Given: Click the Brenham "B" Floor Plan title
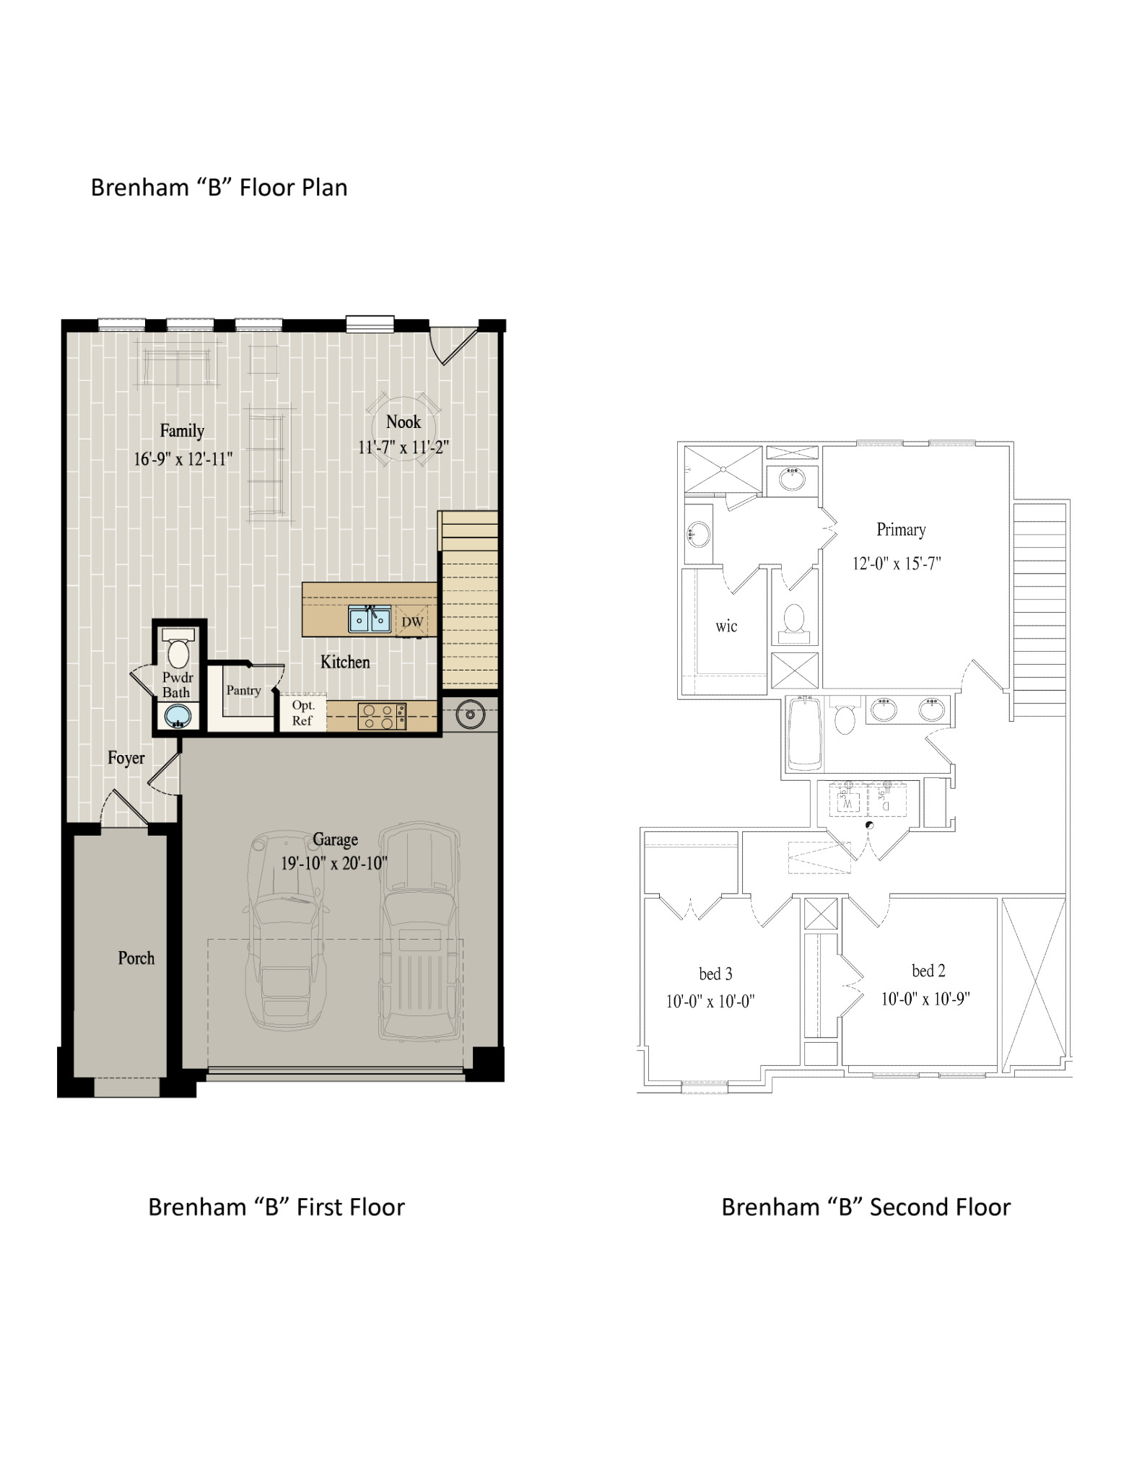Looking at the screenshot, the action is (219, 188).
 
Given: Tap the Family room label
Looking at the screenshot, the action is (182, 431).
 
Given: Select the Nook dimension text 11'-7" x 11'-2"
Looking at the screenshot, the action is (404, 447).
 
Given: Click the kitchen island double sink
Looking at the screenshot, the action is (370, 619).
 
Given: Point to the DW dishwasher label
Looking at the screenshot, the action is (412, 622).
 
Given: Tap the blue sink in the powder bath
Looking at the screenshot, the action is (178, 717).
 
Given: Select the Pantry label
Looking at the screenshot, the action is (243, 690).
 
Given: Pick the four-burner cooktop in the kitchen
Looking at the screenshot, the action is (382, 716).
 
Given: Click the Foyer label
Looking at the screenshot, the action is (126, 758).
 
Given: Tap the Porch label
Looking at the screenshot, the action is (136, 958).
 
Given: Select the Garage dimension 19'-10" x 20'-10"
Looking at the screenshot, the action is (334, 863).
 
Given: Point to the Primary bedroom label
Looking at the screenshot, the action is (901, 530).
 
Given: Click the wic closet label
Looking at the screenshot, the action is (726, 626).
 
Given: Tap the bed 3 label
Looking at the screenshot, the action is (715, 974).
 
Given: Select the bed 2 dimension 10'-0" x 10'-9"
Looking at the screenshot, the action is (925, 999).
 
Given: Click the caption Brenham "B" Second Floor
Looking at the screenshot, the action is (866, 1207).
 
